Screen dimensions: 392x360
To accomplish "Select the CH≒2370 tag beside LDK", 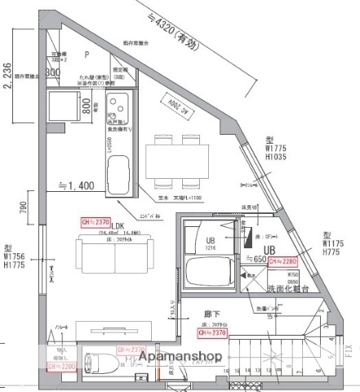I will [96, 220].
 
